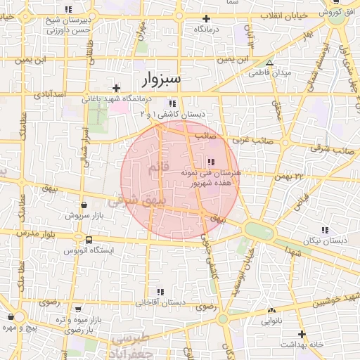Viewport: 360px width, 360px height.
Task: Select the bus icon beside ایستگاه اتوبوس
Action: tap(87, 240)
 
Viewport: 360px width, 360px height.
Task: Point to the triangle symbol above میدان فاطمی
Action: tap(269, 63)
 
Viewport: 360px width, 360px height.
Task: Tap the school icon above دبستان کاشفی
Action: tap(172, 103)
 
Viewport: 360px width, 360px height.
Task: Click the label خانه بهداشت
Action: tap(301, 344)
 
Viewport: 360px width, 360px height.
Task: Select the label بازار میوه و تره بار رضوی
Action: tap(79, 324)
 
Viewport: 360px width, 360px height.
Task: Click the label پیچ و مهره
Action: tap(18, 328)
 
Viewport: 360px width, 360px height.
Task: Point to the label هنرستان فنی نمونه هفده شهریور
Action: tap(212, 176)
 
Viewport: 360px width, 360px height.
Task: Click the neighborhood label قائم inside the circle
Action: tap(155, 168)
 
